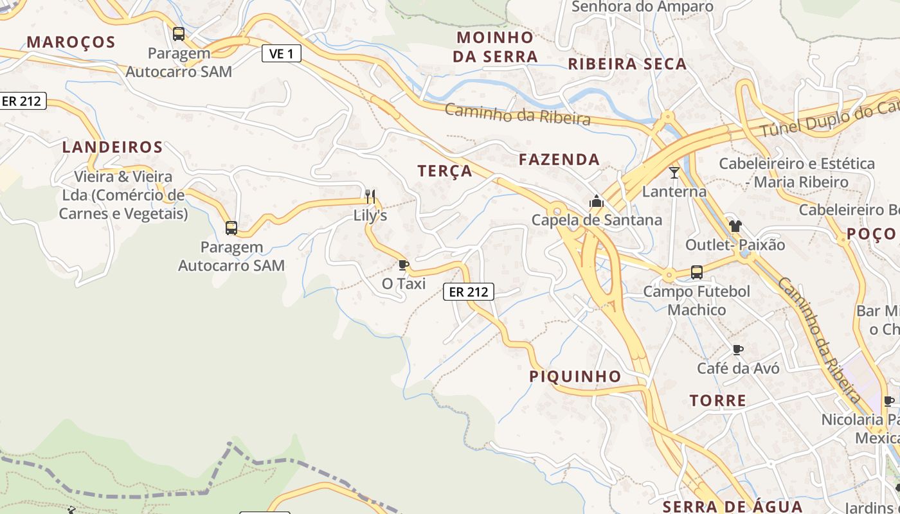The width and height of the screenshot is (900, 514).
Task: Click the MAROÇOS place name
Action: point(71,42)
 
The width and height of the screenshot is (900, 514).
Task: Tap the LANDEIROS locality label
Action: point(113,147)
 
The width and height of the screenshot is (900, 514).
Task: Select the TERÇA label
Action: point(445,171)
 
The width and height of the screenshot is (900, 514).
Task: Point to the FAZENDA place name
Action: point(559,159)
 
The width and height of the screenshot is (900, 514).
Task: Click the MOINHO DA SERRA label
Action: point(495,47)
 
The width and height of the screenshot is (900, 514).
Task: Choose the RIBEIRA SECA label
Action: point(627,64)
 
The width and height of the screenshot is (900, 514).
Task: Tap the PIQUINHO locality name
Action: point(575,377)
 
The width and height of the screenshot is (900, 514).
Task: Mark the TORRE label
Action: point(718,401)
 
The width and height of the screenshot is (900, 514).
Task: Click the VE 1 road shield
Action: point(282,54)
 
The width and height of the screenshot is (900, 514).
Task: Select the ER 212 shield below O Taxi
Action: point(469,292)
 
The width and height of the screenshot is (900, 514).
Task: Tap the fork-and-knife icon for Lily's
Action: point(370,196)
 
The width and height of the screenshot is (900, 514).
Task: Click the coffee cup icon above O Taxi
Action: point(404,265)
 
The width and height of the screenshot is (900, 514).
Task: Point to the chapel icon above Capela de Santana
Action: point(597,202)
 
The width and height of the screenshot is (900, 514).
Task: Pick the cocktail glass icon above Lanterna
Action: point(674,172)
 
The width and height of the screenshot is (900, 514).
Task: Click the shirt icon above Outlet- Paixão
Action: point(735,226)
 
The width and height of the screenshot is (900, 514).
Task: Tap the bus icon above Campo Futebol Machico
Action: point(697,272)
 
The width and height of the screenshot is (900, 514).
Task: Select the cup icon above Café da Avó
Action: point(738,350)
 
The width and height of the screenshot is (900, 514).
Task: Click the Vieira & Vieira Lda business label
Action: point(123,195)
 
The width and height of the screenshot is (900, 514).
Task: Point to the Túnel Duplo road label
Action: point(829,118)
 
